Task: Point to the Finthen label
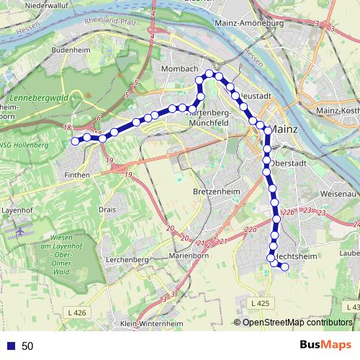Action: tap(76, 174)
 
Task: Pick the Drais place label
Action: tap(108, 210)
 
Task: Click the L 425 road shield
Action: tap(261, 303)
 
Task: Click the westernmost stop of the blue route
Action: tap(74, 141)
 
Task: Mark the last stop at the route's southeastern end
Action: tap(284, 267)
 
